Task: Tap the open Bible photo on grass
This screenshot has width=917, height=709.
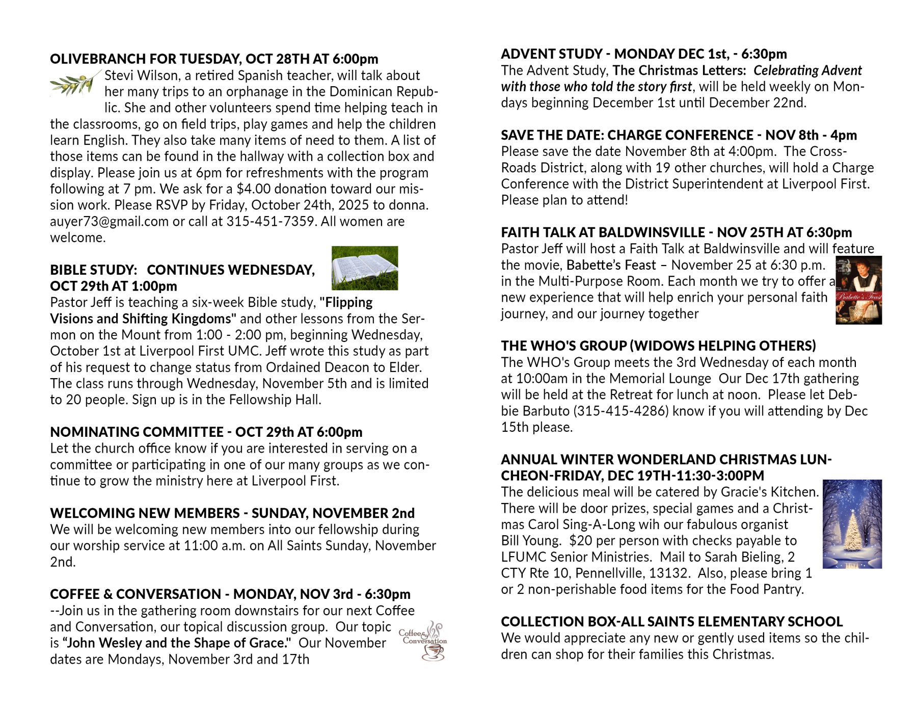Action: point(364,268)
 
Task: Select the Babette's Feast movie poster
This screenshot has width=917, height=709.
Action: point(858,290)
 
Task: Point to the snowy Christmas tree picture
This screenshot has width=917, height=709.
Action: point(852,524)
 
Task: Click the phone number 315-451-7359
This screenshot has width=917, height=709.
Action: point(270,222)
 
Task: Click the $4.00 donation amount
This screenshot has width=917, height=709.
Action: point(253,189)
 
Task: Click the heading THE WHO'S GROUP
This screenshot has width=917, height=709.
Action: point(658,346)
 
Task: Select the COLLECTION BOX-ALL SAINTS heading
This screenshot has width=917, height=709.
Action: point(671,622)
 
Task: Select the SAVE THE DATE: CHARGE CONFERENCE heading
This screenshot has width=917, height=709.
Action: point(679,135)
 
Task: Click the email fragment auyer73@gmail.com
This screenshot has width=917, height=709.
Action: point(109,222)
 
